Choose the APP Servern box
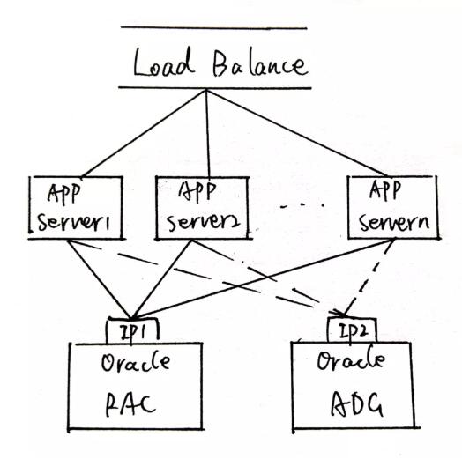(389, 208)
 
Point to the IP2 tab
(353, 331)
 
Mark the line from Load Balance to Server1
(141, 132)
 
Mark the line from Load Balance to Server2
(206, 132)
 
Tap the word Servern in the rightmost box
(391, 221)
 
